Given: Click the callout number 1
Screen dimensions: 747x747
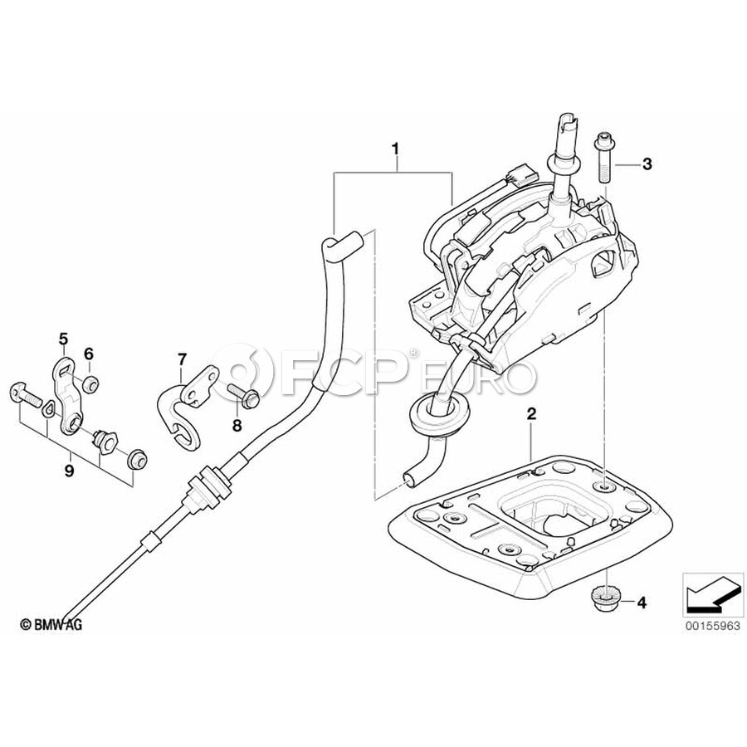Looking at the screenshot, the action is coord(395,149).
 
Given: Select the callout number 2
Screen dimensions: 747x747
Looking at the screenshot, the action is coord(532,413).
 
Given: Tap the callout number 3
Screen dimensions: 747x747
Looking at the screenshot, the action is coord(647,164).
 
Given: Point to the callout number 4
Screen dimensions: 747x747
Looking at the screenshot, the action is coord(642,603).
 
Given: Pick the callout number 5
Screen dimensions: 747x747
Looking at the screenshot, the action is coord(63,339).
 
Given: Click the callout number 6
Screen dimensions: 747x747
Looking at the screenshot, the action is coord(89,354).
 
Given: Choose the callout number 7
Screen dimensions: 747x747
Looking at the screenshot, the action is coord(182,359).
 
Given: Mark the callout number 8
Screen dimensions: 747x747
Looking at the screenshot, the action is coord(237,426).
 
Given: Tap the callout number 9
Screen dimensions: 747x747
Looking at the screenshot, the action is coord(70,471).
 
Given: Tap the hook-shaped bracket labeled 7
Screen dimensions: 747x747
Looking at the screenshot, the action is coord(187,403).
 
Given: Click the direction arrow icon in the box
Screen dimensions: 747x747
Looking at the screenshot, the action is coord(713,593).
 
